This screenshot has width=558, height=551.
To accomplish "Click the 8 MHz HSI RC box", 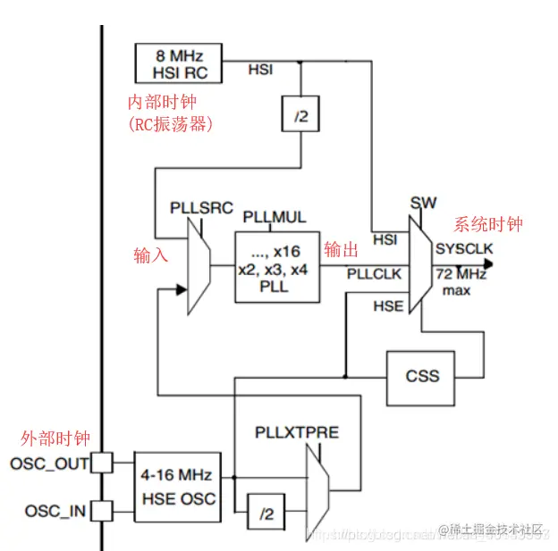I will [179, 63].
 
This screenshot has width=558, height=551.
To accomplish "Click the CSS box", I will [421, 375].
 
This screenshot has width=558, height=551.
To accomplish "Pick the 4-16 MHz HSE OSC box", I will [177, 487].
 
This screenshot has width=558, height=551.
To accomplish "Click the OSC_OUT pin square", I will [103, 463].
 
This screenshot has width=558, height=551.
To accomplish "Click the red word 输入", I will [151, 255].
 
